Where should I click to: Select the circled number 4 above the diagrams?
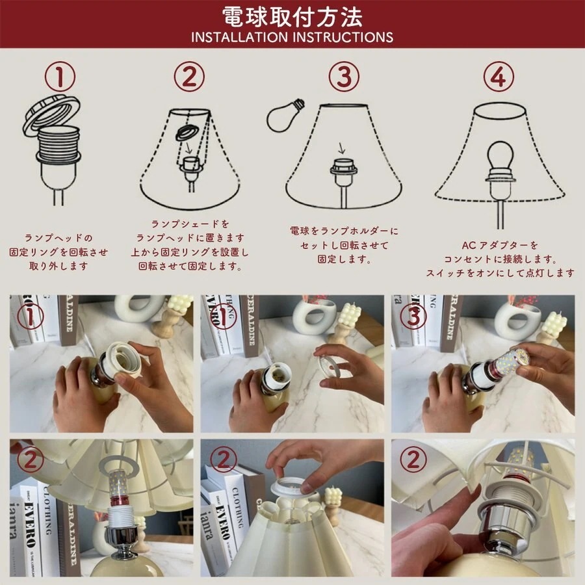point(499,77)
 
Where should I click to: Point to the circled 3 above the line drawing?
point(343,77)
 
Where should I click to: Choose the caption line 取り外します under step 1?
point(58,266)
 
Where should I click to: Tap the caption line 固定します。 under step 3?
point(344,259)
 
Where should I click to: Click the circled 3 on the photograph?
point(413,317)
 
